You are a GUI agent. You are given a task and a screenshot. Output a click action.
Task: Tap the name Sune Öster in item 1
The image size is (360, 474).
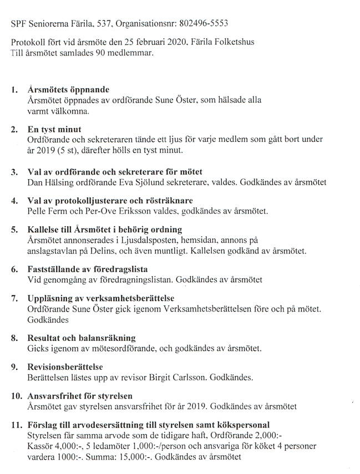click(166, 100)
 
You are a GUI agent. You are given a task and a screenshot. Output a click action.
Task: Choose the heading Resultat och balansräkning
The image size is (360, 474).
click(82, 338)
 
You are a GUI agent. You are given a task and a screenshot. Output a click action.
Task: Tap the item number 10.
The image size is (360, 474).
click(16, 396)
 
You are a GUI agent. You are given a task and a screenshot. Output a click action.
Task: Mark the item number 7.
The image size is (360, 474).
click(14, 299)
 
